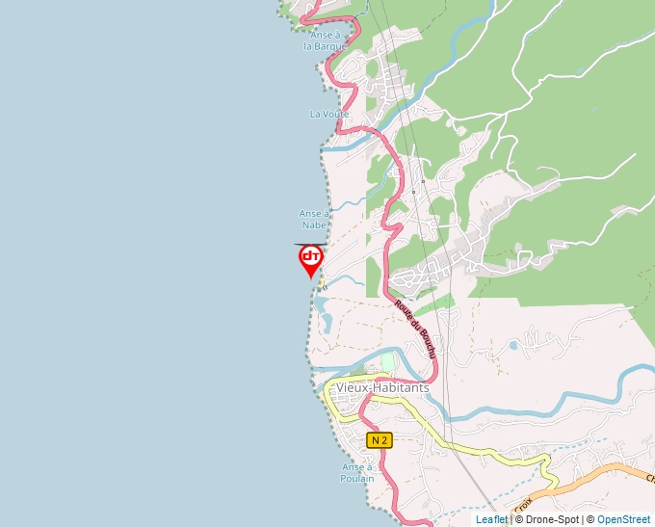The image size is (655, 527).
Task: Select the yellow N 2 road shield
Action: [x=380, y=440]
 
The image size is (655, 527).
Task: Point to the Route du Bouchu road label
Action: [x=416, y=327]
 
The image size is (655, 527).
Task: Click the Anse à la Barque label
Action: [x=324, y=40]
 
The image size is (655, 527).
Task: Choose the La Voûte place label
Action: [x=329, y=114]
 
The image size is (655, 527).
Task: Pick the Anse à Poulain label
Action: [x=356, y=472]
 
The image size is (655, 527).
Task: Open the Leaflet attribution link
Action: [x=491, y=519]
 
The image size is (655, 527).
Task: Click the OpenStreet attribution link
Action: [x=624, y=519]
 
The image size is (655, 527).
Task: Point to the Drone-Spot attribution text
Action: [x=547, y=519]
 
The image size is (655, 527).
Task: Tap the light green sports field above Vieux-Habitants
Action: [x=388, y=362]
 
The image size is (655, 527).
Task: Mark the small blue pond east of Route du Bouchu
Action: [x=513, y=344]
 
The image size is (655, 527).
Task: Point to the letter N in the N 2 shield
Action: [x=376, y=440]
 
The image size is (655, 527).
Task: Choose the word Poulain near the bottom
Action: [x=356, y=478]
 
